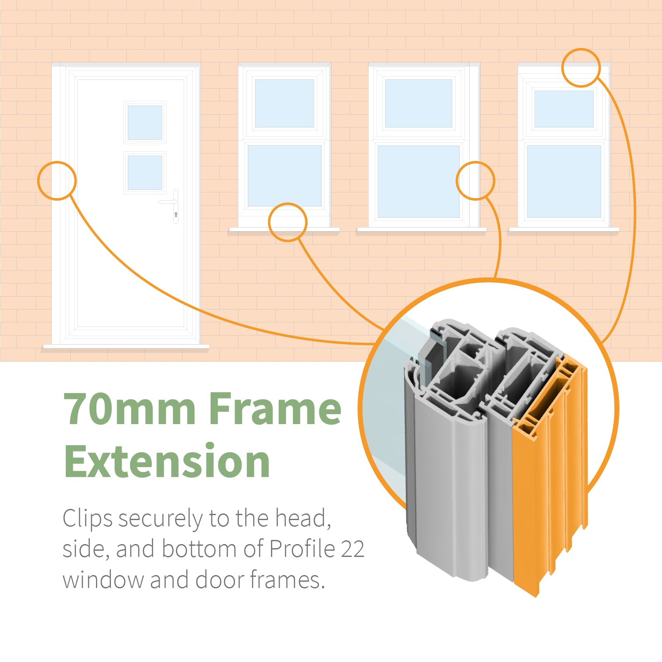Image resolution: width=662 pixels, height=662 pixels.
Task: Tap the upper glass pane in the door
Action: (x=145, y=122)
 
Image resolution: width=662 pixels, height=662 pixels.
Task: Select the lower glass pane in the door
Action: (x=145, y=173)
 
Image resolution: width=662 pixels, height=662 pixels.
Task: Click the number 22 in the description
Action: (x=353, y=549)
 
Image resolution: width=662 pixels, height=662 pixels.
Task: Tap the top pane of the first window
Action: (x=285, y=103)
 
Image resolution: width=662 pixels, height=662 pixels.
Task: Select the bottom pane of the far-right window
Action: (x=564, y=181)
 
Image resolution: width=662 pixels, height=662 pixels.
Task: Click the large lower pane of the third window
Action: (x=419, y=181)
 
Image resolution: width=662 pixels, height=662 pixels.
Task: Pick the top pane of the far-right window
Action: (x=564, y=109)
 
